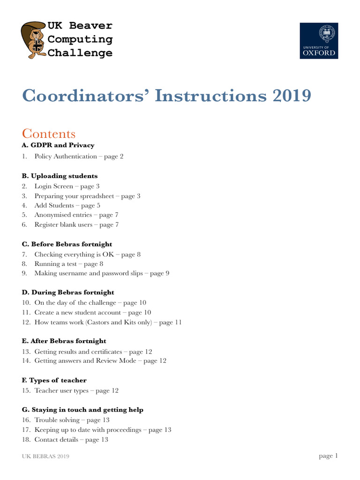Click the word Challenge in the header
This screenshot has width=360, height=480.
pos(80,52)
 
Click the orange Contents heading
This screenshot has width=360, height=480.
pos(49,134)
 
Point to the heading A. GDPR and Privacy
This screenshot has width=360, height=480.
pos(58,145)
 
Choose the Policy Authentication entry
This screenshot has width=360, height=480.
pos(79,157)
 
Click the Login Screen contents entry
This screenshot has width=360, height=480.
pos(67,186)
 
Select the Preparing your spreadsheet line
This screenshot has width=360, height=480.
pos(87,196)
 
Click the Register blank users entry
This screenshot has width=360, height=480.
pos(76,225)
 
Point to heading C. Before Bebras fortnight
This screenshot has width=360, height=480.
pos(67,244)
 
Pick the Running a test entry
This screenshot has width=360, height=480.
pos(66,264)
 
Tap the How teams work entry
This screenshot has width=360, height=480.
pos(108,322)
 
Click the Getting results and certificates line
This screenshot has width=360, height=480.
pos(93,351)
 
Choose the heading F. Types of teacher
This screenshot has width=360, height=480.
pos(54,380)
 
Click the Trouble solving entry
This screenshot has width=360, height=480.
pos(72,420)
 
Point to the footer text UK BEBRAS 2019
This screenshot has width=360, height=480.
pos(46,457)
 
